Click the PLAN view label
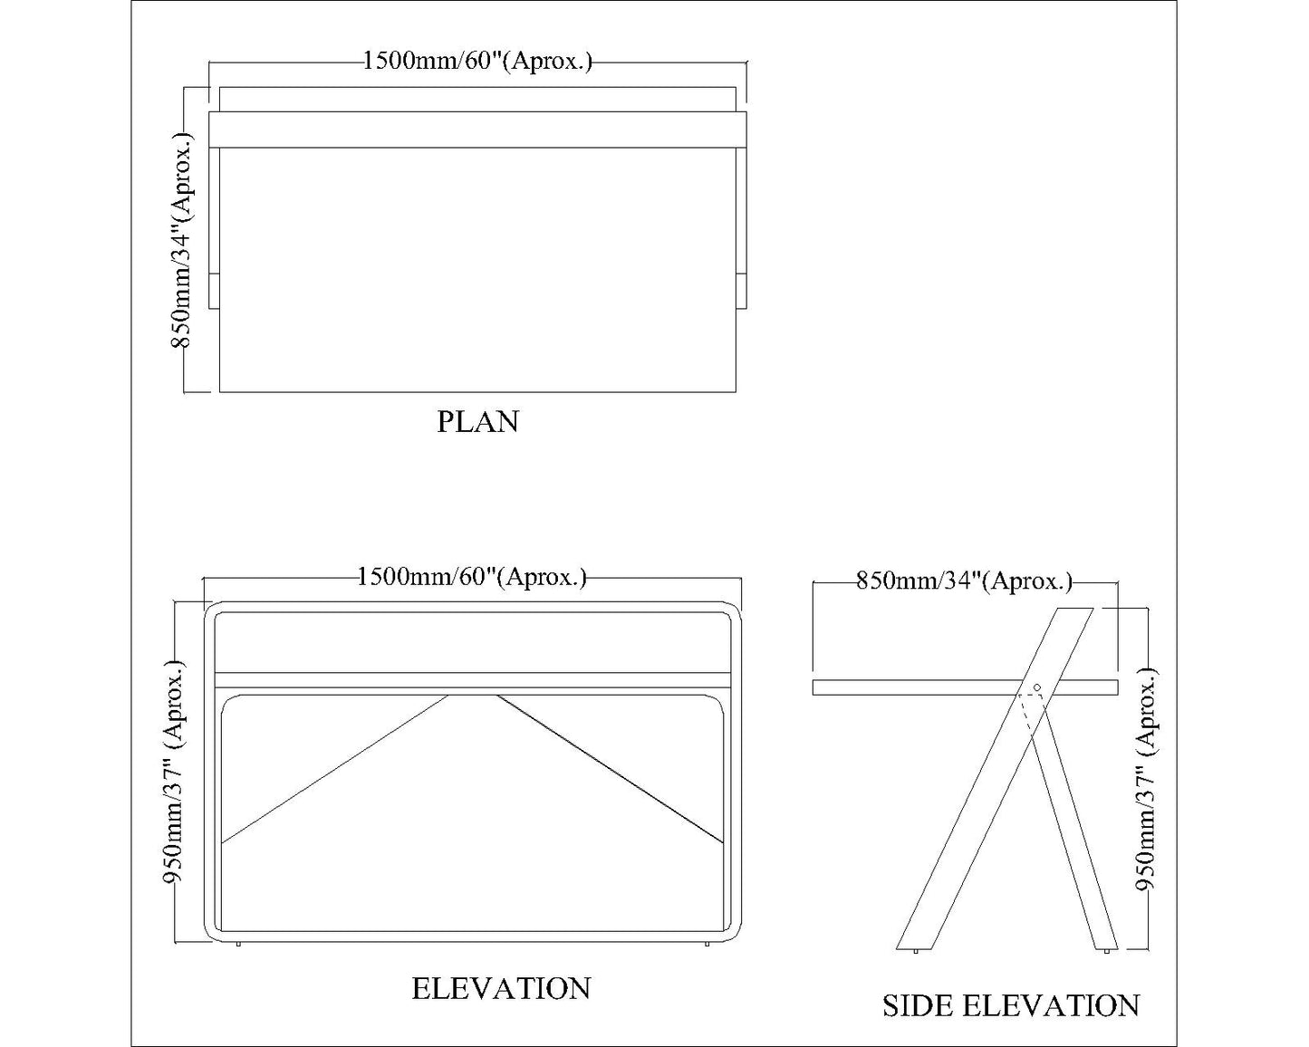click(477, 422)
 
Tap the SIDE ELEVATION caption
click(1011, 1005)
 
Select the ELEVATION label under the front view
click(501, 988)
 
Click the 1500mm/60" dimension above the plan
click(477, 62)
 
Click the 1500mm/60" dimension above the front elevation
click(472, 577)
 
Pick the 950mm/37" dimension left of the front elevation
click(176, 773)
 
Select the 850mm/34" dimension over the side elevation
click(964, 581)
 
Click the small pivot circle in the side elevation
click(1037, 687)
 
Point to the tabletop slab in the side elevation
click(906, 687)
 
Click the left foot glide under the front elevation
click(238, 945)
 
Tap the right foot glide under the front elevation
click(707, 945)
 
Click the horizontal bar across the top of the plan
click(477, 129)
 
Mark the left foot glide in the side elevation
click(917, 951)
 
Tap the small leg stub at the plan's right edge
click(741, 290)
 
